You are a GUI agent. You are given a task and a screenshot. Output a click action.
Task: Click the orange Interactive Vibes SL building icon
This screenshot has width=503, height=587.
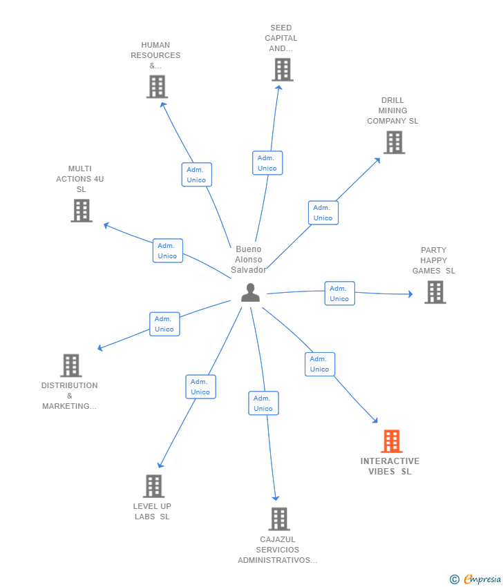coord(391,441)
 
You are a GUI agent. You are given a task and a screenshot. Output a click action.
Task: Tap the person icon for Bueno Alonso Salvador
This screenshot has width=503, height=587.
coord(250,292)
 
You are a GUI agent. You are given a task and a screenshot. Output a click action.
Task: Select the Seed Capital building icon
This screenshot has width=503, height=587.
coord(282,70)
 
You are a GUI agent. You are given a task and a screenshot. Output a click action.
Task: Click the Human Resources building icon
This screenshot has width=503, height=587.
coord(157,87)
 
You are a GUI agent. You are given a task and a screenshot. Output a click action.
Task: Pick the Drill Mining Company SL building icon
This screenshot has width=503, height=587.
coord(394,142)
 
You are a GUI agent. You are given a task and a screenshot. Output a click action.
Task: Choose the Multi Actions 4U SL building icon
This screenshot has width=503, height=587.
coord(82,211)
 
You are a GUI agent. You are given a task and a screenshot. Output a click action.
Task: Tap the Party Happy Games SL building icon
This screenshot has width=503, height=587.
coord(435,292)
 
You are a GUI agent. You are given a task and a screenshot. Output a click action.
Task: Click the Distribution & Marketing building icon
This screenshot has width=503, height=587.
coord(70,365)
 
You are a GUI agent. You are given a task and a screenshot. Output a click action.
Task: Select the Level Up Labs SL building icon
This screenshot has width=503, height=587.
coord(153,486)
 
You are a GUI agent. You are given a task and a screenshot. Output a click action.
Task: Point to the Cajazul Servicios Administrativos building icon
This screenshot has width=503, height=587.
coord(278,519)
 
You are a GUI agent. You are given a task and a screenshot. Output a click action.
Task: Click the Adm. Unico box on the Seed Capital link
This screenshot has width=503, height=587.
coord(267,163)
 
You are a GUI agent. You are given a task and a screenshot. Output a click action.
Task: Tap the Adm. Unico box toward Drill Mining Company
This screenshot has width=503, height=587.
coord(323,213)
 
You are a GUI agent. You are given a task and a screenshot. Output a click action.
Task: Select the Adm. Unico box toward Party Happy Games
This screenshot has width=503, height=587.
coord(339,293)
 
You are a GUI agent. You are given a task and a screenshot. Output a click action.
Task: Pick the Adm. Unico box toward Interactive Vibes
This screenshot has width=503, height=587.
coord(319,364)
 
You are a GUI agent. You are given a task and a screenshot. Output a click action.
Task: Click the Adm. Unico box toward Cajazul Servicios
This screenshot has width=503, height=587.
coord(263,403)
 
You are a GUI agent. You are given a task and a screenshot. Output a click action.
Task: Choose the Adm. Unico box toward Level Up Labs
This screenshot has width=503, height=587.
coord(200,387)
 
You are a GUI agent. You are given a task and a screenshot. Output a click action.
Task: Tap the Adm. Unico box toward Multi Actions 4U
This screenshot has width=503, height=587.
coord(167,251)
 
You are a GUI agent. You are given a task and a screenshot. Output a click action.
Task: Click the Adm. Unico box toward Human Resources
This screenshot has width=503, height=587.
coord(196,175)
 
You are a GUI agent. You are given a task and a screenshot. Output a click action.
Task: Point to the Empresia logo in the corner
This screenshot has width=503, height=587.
coord(476,579)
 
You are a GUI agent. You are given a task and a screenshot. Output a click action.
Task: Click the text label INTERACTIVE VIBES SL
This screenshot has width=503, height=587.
coord(390,466)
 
